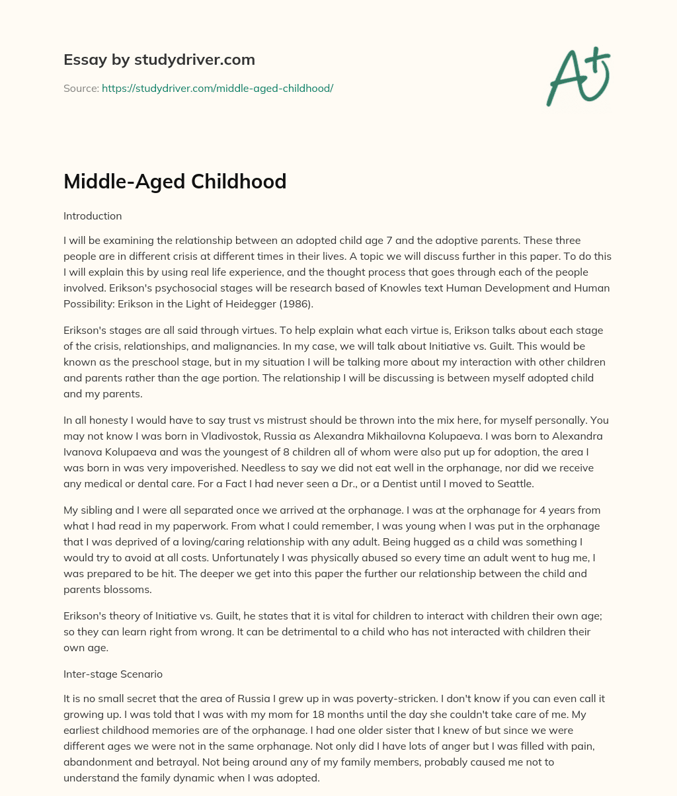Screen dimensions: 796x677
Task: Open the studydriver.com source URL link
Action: click(x=218, y=88)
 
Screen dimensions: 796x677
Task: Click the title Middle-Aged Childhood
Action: click(x=175, y=180)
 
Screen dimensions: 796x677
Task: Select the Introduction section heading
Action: click(x=93, y=216)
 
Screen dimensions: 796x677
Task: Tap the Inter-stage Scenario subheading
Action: click(x=113, y=674)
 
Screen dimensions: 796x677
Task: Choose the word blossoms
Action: click(x=132, y=589)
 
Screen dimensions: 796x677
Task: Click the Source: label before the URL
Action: click(x=81, y=88)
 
